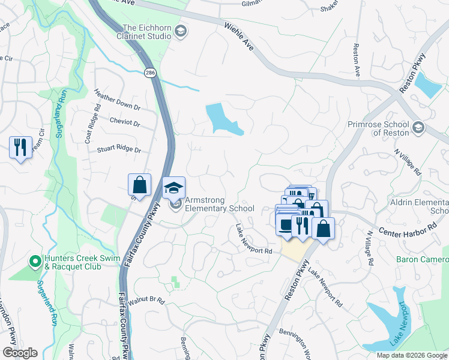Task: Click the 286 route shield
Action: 148,72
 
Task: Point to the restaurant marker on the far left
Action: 20,147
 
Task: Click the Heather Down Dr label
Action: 117,100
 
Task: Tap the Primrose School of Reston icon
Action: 418,128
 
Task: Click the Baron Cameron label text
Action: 422,259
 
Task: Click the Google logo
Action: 20,353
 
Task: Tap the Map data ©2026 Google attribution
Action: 411,355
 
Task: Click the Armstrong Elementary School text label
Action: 219,204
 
